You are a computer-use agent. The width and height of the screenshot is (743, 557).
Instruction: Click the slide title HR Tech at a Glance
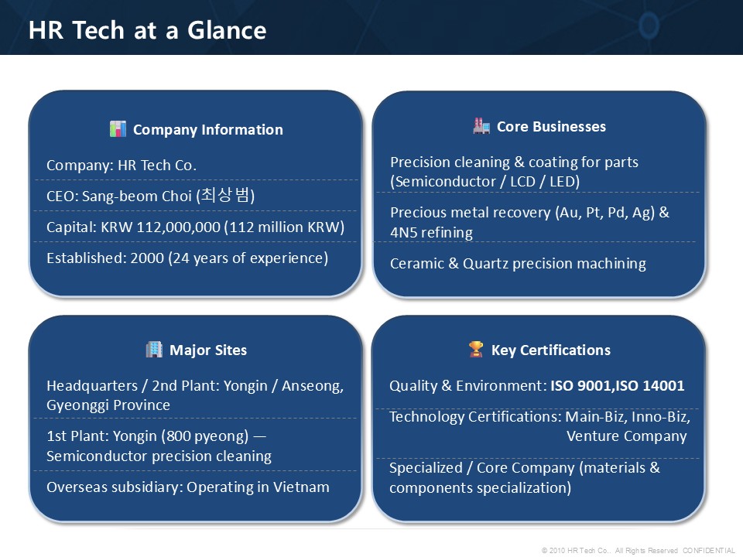[x=147, y=30]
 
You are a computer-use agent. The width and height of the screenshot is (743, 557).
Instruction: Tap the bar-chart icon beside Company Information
[x=118, y=129]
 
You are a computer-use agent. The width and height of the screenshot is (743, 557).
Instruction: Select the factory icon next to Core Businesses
[x=481, y=126]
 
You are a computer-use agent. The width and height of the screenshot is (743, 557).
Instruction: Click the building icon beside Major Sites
[x=154, y=350]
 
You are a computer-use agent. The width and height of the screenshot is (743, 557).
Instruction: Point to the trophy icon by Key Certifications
[x=476, y=350]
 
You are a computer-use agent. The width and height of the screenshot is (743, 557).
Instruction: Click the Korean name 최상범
[x=225, y=195]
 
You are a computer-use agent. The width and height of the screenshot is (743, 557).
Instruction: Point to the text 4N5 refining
[x=431, y=233]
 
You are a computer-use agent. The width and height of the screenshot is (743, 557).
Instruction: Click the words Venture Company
[x=626, y=436]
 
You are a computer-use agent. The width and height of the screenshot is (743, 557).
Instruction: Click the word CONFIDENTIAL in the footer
[x=709, y=550]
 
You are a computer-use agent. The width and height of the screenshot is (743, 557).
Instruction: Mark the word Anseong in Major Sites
[x=311, y=385]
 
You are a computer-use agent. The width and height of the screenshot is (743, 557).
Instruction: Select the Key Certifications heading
[x=550, y=350]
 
